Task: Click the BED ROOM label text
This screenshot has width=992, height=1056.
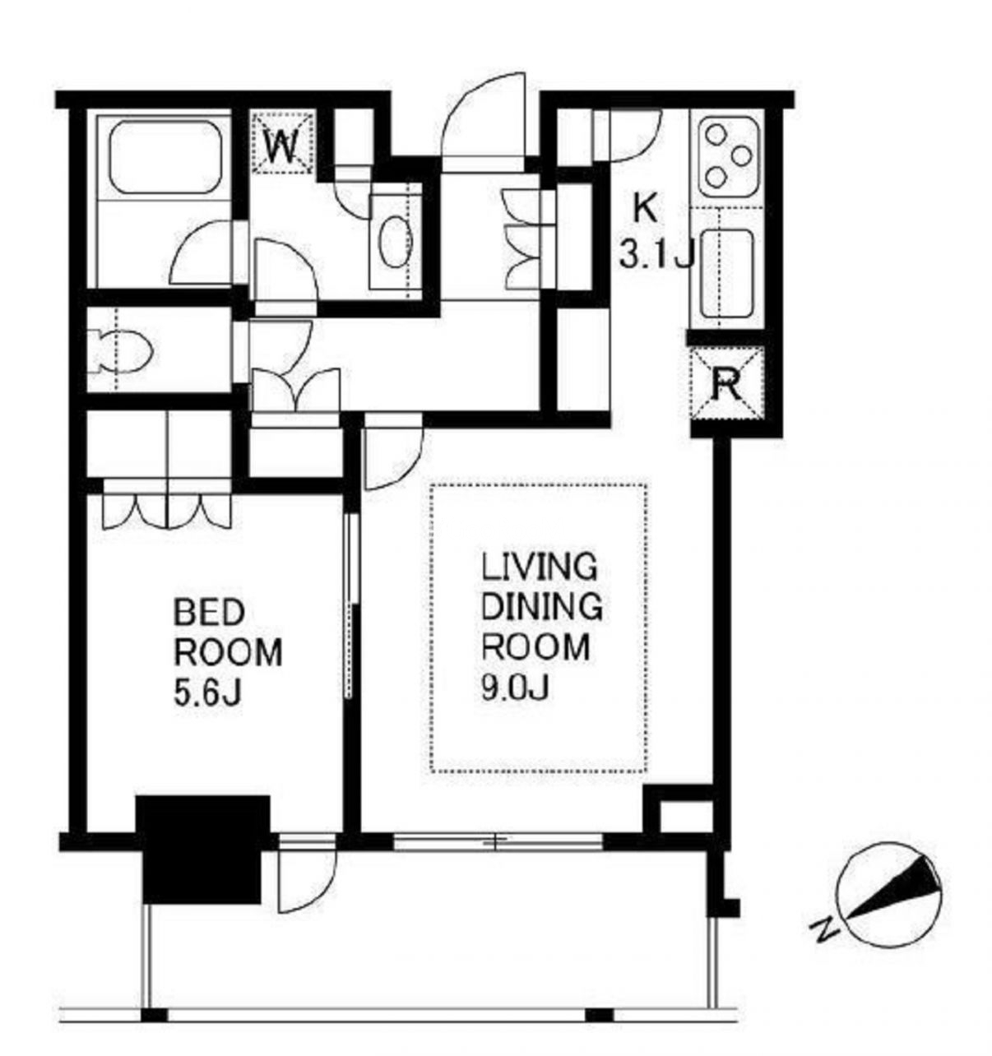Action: tap(228, 632)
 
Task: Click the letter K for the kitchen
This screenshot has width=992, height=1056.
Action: tap(645, 210)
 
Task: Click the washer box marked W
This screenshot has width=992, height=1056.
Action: tap(283, 141)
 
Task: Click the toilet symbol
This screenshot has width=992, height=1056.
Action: tap(120, 351)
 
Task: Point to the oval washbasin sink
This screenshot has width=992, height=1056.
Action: tap(395, 242)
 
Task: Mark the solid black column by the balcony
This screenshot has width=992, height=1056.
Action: tap(202, 850)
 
